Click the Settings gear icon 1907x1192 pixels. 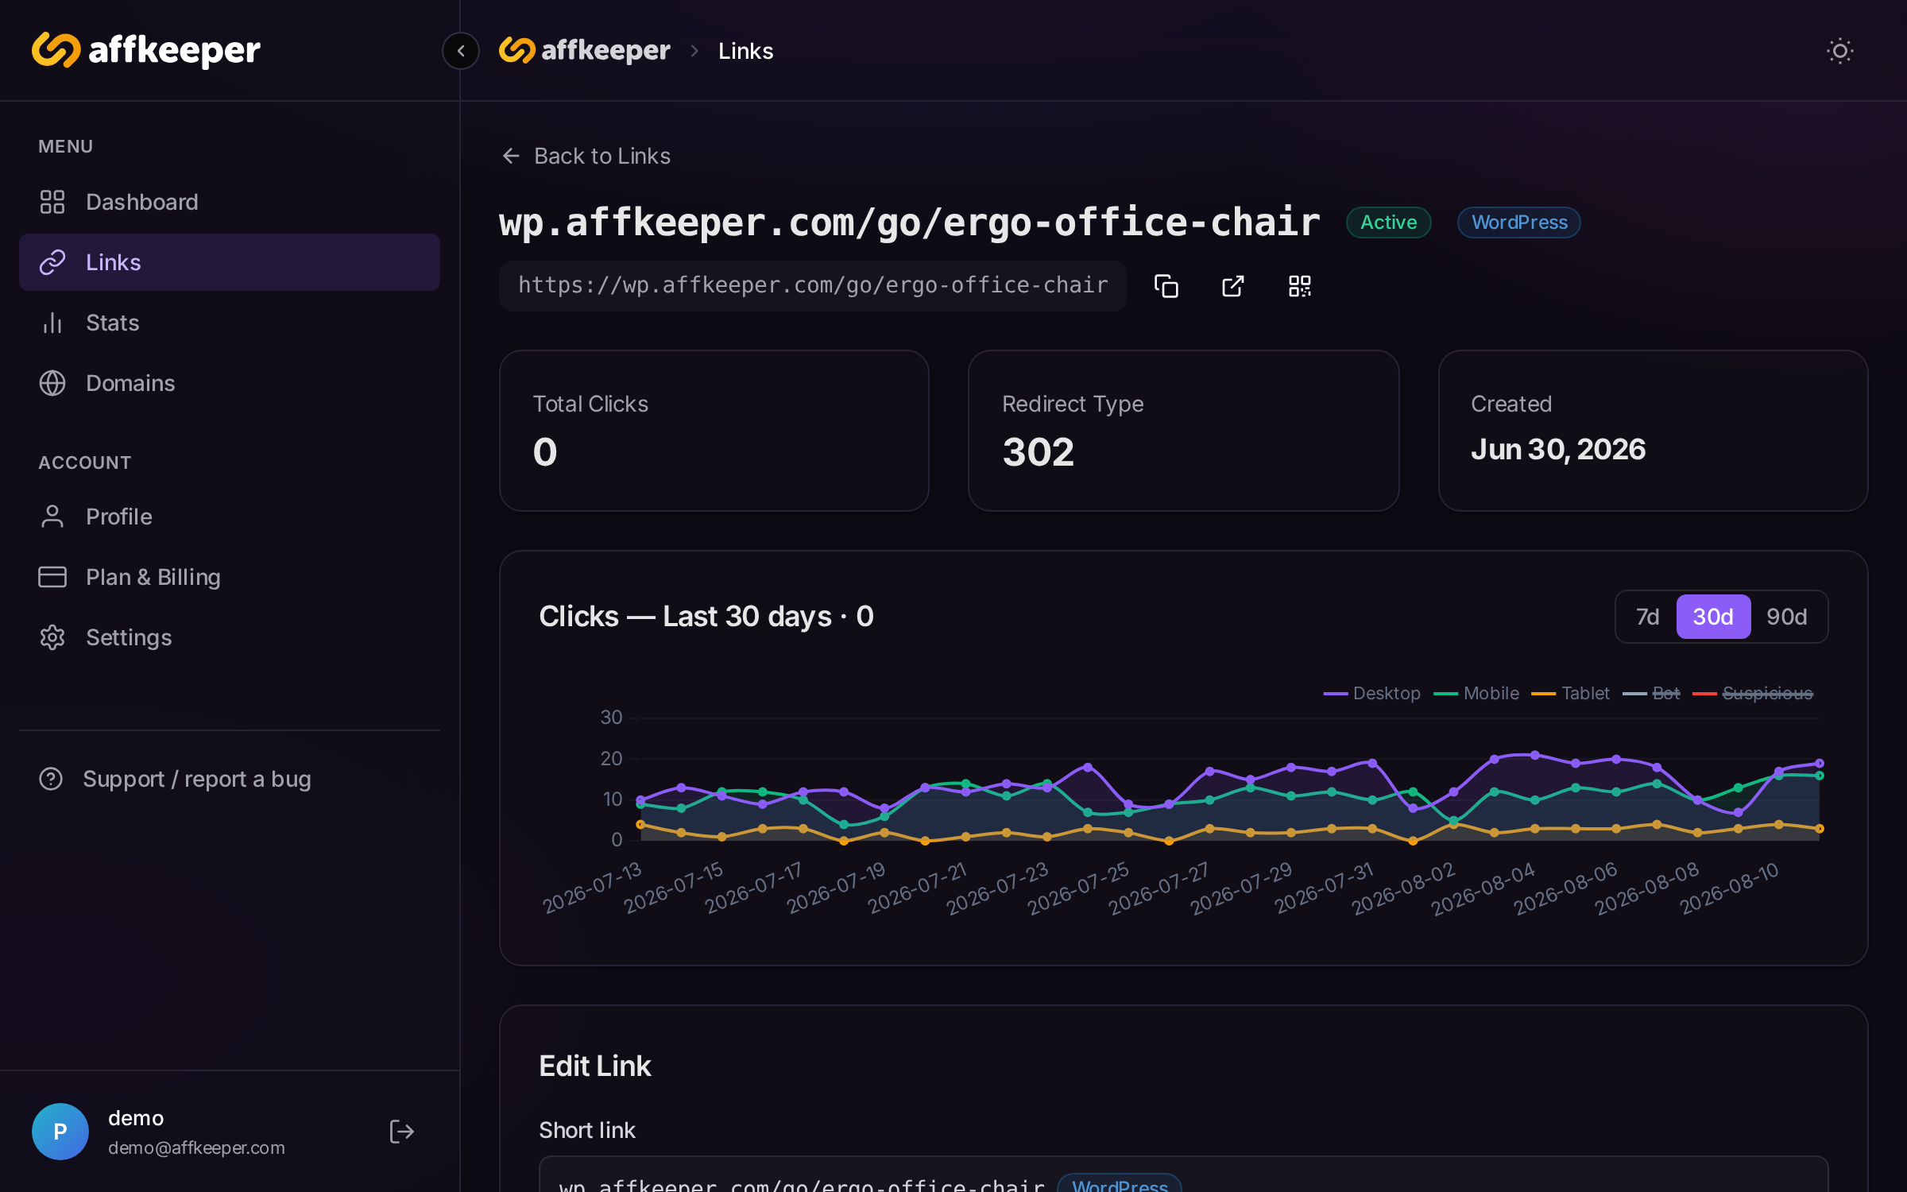(52, 637)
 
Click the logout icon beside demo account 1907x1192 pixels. (401, 1131)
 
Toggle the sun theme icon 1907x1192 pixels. (1839, 51)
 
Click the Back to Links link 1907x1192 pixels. (586, 156)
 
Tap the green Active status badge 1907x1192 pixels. (1388, 223)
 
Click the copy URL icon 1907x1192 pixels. (1166, 286)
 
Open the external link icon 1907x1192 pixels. (1232, 286)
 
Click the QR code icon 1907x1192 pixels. (1299, 286)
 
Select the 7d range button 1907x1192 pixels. (1647, 617)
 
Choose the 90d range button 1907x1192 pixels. (1786, 617)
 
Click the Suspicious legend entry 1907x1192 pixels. (1753, 694)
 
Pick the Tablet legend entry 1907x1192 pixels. (1570, 694)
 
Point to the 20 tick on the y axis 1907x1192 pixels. (611, 759)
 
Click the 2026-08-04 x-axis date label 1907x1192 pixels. (1483, 889)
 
